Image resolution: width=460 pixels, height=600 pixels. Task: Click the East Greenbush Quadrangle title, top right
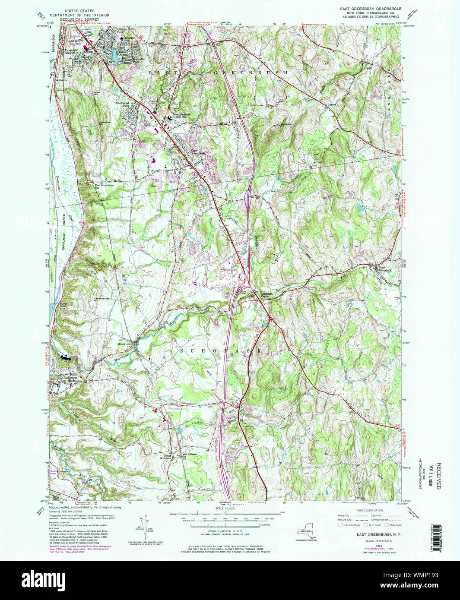(x=370, y=9)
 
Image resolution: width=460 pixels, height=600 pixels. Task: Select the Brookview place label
(x=124, y=344)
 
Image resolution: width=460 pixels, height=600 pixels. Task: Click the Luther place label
(x=331, y=104)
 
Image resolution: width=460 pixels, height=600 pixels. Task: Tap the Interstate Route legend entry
(x=350, y=525)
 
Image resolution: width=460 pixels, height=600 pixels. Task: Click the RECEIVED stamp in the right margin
(x=438, y=475)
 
